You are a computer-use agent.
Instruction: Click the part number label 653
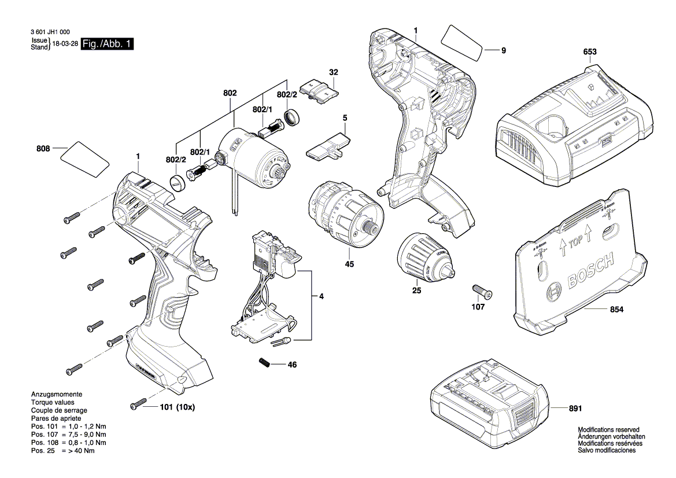click(589, 52)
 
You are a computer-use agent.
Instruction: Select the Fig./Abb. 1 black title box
click(108, 44)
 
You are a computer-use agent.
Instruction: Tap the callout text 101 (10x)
click(177, 407)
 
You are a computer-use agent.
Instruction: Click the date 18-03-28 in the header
click(65, 44)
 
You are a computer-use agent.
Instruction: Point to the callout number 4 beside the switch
click(321, 297)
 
